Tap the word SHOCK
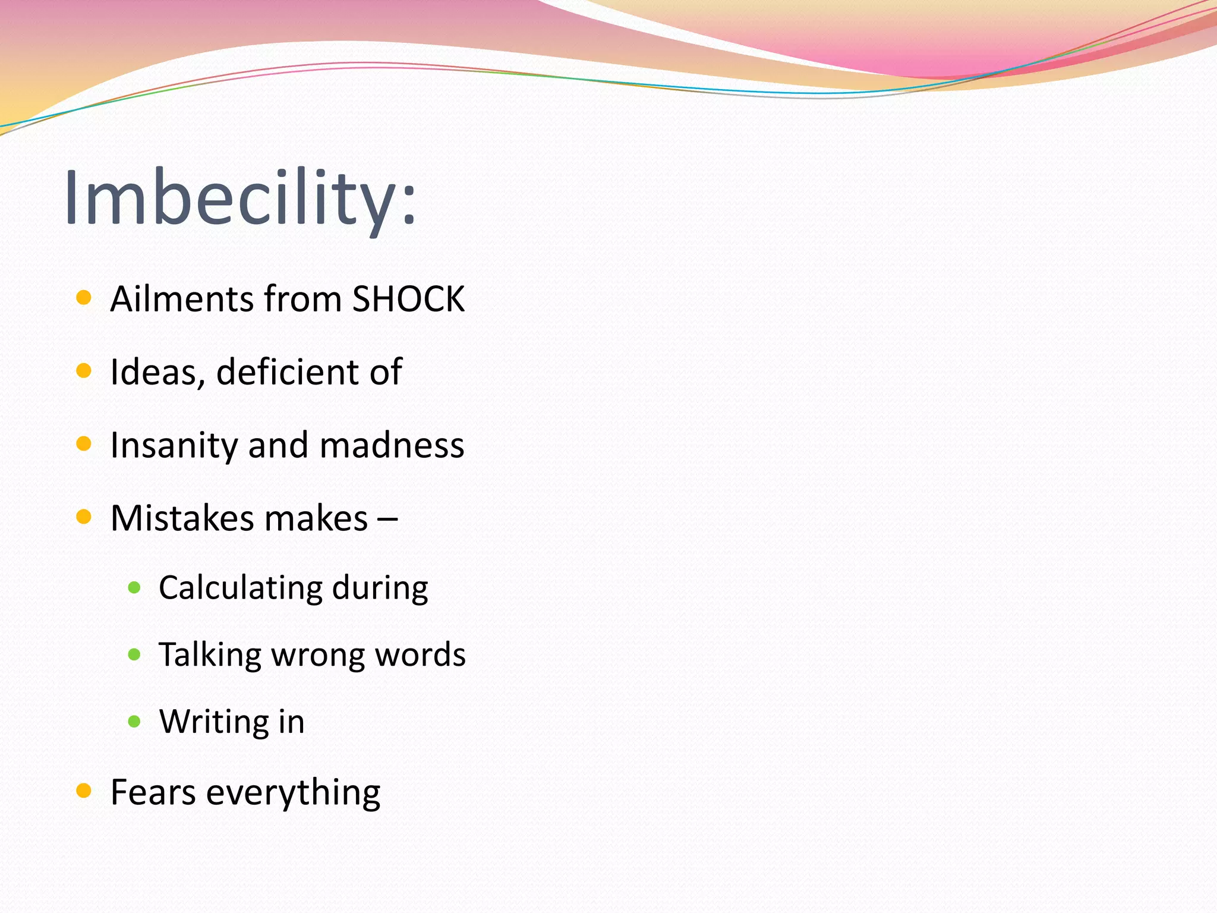[x=408, y=299]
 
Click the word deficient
[x=288, y=372]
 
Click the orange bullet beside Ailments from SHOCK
[x=84, y=297]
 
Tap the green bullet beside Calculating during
[x=134, y=588]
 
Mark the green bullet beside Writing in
[x=134, y=722]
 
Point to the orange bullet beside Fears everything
[x=84, y=791]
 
